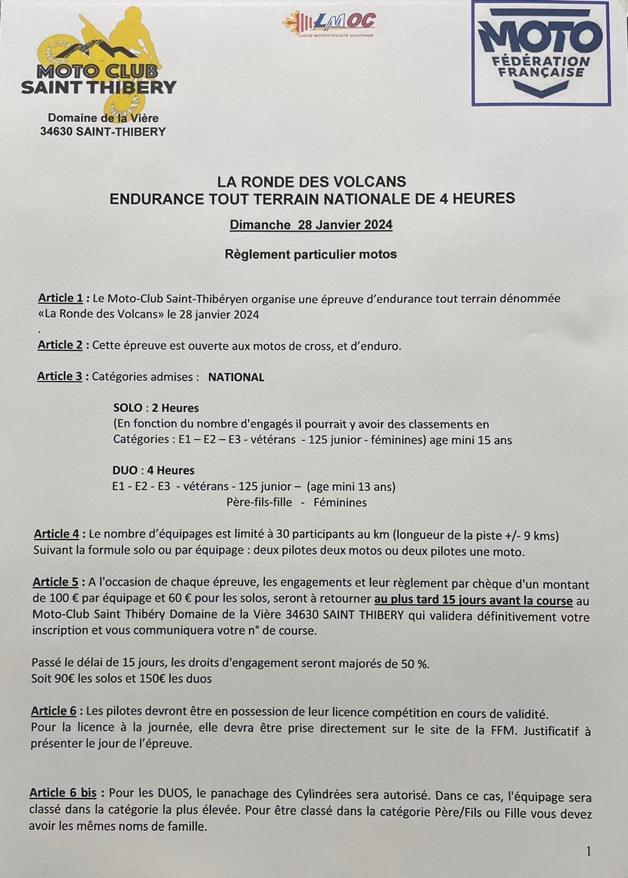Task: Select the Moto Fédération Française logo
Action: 541,52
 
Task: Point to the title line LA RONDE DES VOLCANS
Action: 312,181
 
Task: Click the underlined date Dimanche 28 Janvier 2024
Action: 311,225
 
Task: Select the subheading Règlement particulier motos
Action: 311,254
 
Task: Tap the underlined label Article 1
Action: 60,298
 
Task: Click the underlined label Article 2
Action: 60,345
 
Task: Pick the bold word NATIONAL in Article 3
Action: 236,377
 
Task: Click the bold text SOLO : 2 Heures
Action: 156,408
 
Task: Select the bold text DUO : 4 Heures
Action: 154,471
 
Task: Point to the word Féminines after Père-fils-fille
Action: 340,503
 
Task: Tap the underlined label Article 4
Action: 56,534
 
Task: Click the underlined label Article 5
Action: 55,582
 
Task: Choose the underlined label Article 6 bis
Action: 63,793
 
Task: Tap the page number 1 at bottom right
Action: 588,851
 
